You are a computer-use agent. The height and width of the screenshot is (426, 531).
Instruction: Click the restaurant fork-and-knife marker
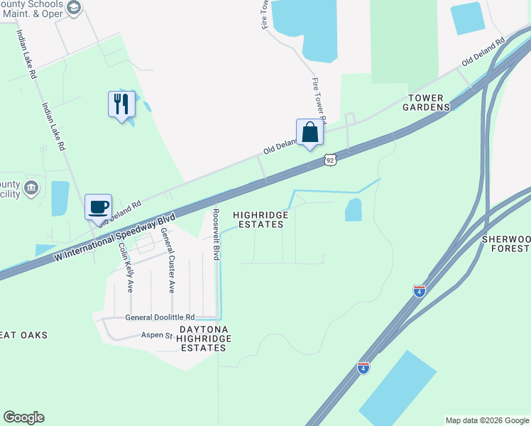point(121,104)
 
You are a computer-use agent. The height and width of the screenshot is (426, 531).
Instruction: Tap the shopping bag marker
point(310,132)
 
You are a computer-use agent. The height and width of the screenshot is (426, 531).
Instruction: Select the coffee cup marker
point(98,207)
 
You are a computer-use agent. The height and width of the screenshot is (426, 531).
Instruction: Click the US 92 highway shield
point(330,160)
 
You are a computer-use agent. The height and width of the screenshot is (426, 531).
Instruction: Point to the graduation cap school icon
point(74,7)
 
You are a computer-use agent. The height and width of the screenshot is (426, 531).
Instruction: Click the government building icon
point(31,187)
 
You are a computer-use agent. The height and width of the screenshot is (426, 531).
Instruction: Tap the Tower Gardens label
point(428,102)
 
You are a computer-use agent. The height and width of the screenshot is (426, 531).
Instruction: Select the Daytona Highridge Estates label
point(204,339)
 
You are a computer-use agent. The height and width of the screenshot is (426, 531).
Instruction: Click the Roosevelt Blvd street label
point(216,232)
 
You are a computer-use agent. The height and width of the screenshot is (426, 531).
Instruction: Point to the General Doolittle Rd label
point(160,317)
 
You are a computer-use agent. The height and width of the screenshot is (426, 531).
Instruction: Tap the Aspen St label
point(157,334)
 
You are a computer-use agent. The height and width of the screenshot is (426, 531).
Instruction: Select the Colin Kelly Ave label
point(126,267)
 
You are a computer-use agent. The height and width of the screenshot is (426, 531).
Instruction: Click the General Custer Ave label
point(167,260)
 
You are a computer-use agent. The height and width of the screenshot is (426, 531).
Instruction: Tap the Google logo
point(23,417)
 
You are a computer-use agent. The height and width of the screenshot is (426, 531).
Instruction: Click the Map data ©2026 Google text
point(487,420)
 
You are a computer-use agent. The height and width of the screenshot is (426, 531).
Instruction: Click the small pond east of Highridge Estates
point(353,209)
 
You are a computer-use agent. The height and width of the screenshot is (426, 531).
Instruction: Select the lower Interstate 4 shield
point(363,367)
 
